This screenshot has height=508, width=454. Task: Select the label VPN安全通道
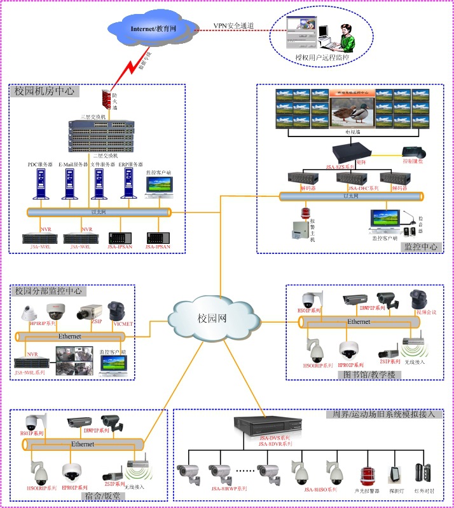pyautogui.click(x=233, y=25)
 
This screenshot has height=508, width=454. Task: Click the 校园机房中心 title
pyautogui.click(x=45, y=91)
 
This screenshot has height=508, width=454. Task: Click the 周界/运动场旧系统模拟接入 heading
pyautogui.click(x=383, y=414)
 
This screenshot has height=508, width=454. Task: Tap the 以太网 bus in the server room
pyautogui.click(x=99, y=212)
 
